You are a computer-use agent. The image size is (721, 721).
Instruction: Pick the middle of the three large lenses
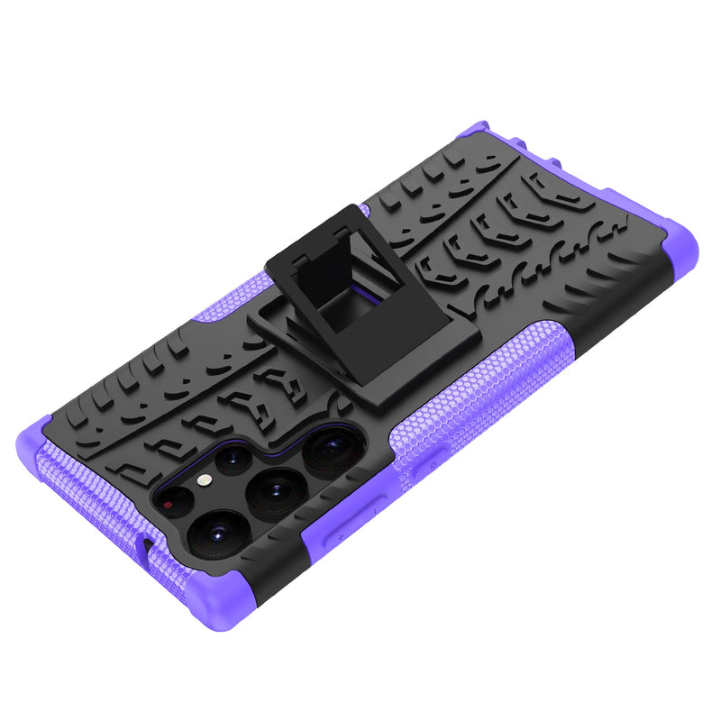pos(276,491)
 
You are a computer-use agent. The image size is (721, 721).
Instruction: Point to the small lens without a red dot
pos(234,460)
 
